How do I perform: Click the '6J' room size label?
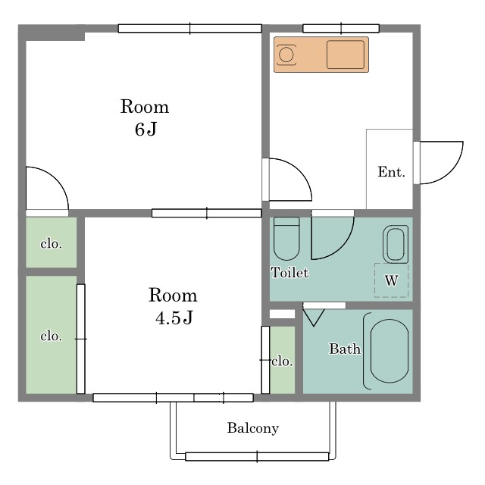146,130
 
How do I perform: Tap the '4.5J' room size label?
174,318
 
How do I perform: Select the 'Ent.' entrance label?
391,172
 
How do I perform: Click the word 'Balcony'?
253,428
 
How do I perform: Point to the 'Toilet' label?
289,273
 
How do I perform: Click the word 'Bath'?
345,349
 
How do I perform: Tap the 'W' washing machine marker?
391,280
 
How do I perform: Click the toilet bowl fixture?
286,239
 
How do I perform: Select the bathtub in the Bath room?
389,351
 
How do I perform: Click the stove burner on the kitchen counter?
286,55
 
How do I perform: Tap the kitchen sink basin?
346,55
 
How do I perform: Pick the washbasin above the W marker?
396,244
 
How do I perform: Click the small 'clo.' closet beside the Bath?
283,361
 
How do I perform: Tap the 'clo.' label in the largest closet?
52,336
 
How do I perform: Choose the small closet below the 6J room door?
52,242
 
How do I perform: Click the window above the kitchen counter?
341,29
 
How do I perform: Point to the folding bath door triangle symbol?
313,318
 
